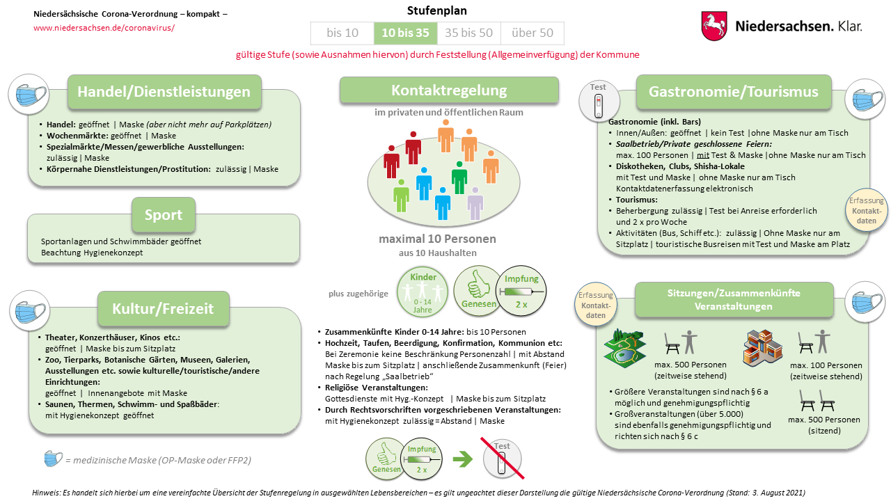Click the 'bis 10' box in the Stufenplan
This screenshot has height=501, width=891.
coord(342,33)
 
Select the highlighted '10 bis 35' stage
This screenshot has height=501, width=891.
coord(405,33)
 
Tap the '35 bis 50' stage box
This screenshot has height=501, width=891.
coord(468,33)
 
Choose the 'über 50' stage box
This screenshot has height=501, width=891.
coord(532,33)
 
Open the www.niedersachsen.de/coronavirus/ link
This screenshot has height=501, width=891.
coord(104,28)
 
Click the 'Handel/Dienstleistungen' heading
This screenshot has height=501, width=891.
coord(164,93)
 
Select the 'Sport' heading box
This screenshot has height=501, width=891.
coord(164,215)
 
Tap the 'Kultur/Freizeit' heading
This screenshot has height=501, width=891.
coord(164,308)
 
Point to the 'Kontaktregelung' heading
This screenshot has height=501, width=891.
coord(449,90)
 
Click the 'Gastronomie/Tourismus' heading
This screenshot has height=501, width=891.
coord(734,92)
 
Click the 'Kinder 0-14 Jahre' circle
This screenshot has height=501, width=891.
coord(423,292)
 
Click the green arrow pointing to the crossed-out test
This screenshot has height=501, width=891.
coord(462,459)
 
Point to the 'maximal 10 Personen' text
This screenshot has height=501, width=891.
coord(437,239)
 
